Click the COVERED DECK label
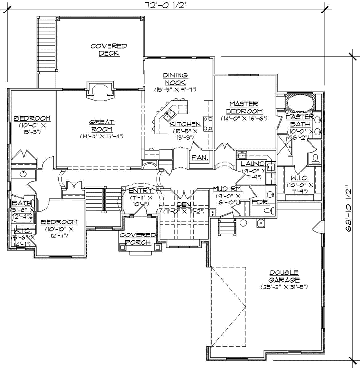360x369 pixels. (x=109, y=49)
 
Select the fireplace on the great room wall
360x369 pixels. (x=99, y=91)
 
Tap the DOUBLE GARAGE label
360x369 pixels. (x=284, y=276)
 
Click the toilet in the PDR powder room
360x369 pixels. (x=271, y=194)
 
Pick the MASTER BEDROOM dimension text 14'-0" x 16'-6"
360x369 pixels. (x=243, y=118)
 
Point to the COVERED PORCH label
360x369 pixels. (x=138, y=238)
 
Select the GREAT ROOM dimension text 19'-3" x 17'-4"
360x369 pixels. (x=102, y=136)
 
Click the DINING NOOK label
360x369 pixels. (x=175, y=79)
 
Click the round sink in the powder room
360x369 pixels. (x=260, y=223)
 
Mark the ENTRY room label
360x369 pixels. (x=141, y=191)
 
